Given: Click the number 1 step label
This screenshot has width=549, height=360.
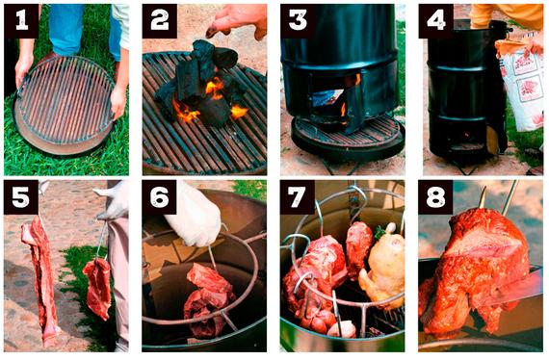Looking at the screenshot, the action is pos(22,21).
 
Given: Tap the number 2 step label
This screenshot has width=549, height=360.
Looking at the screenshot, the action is pos(160,21).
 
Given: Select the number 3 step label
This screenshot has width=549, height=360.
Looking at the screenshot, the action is pos(298,21).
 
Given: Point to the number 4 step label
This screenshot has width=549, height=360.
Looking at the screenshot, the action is pos(436,21).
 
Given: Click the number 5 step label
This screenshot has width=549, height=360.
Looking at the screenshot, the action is pos(21,197).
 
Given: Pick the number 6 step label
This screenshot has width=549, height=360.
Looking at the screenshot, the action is pos(159,197).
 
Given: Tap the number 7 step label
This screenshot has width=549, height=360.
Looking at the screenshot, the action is pos(298,197).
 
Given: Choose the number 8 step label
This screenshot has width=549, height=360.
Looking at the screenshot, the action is pos(435,197).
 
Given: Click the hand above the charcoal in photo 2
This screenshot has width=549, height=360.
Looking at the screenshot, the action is pos(238,20).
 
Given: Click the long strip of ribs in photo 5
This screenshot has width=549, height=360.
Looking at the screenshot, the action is pos(40,280).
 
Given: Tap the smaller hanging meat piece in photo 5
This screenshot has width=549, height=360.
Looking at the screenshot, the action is pos(98,288).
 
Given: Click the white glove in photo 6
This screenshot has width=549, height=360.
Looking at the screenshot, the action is pos(195,217).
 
